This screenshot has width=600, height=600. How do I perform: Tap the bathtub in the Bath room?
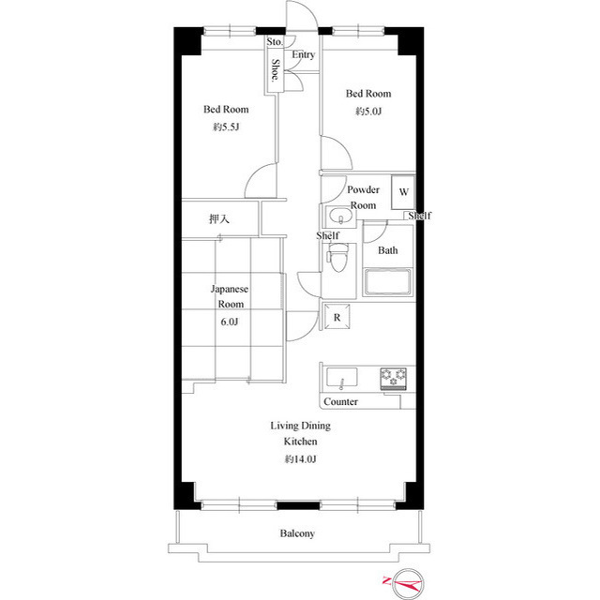tap(388, 282)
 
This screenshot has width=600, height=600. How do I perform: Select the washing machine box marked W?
tap(403, 192)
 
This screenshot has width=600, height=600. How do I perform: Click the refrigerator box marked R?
tap(337, 317)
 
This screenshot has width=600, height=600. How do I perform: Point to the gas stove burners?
tap(394, 379)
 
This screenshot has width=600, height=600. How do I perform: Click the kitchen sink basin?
tap(341, 378)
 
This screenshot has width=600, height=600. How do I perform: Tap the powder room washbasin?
tap(339, 216)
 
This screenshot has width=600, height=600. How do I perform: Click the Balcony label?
tap(297, 533)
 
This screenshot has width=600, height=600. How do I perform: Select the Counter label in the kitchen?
tap(340, 402)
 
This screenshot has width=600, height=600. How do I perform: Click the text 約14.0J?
tap(300, 459)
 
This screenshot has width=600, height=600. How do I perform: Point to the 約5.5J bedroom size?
tap(226, 127)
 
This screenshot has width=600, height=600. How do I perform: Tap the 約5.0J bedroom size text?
tap(368, 112)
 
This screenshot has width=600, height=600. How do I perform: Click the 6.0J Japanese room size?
tap(229, 322)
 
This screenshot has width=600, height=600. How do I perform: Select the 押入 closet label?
tap(219, 218)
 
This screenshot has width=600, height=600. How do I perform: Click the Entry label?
tap(304, 54)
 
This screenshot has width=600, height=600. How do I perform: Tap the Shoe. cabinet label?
tap(275, 70)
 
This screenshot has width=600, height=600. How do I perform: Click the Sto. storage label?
tap(275, 41)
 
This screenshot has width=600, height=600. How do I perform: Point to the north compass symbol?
tap(408, 584)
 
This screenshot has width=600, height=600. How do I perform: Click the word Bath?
tap(387, 250)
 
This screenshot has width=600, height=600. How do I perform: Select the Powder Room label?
tap(363, 198)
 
